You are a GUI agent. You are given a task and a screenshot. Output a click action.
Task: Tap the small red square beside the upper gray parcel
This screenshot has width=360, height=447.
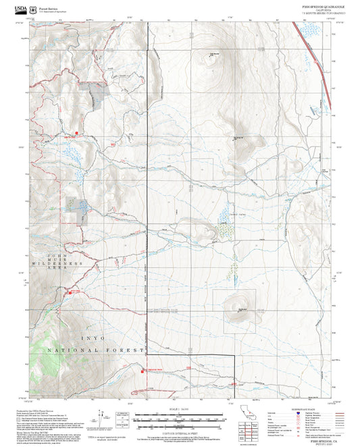point(77,132)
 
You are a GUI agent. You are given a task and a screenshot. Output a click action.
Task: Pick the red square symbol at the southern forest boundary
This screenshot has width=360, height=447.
point(143,370)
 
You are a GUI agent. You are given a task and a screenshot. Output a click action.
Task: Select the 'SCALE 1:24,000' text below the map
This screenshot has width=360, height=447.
point(179,409)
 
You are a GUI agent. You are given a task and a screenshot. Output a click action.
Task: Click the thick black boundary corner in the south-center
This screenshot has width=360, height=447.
point(233,355)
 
